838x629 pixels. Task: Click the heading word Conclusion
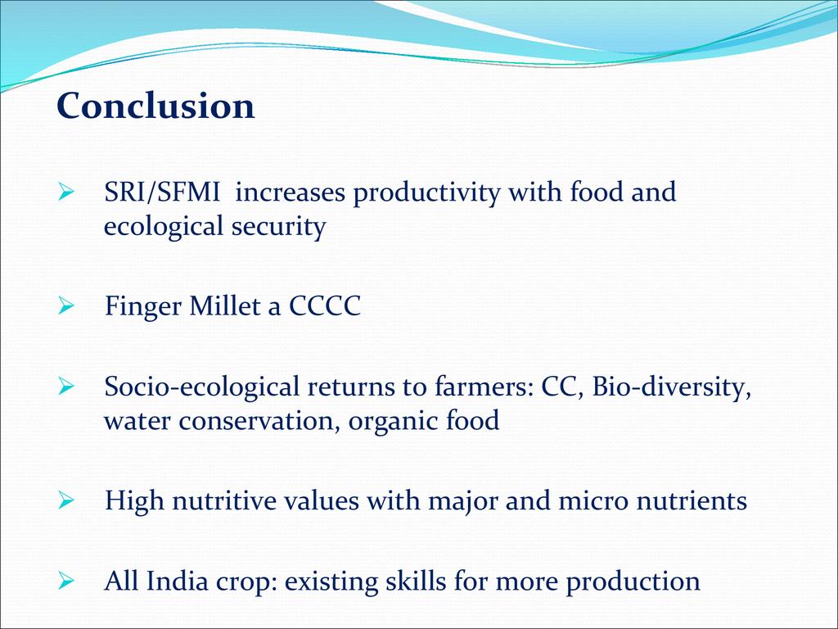click(155, 106)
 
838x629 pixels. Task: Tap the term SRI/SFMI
click(162, 192)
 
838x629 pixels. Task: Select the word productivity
click(426, 193)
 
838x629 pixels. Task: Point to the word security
click(278, 227)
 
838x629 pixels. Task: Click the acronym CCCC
click(325, 306)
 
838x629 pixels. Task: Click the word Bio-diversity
click(672, 387)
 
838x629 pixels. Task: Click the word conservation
click(260, 421)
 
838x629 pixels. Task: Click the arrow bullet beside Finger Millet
click(65, 306)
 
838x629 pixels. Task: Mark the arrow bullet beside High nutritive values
click(65, 500)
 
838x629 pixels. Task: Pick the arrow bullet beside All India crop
click(65, 581)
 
